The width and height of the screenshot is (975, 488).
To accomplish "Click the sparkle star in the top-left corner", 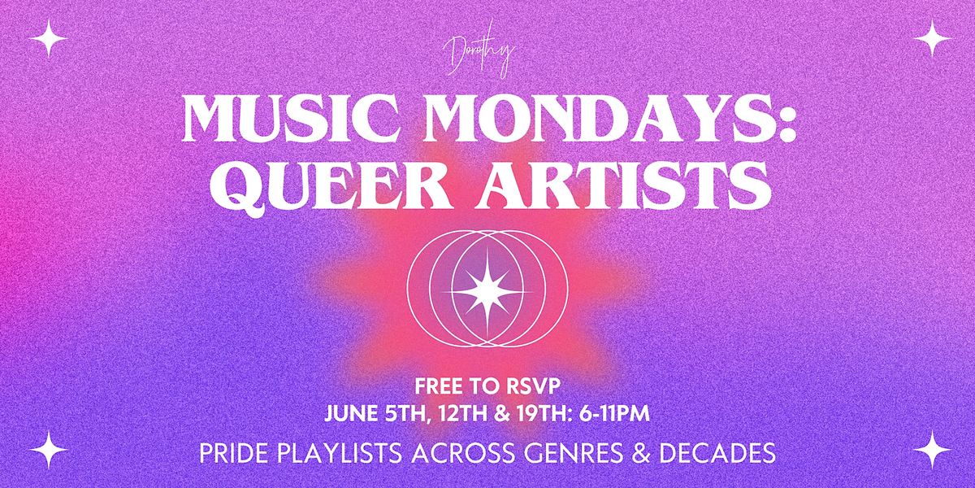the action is pos(48,38).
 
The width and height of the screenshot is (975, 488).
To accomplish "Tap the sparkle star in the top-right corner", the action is pos(933,38).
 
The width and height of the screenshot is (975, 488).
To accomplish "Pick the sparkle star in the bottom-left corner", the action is pos(48,450).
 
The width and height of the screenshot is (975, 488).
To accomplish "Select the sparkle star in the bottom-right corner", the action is pos(933,450).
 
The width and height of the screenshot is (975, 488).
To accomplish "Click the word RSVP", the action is pos(531,387).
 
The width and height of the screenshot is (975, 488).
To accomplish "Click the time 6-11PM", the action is pos(614,413).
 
